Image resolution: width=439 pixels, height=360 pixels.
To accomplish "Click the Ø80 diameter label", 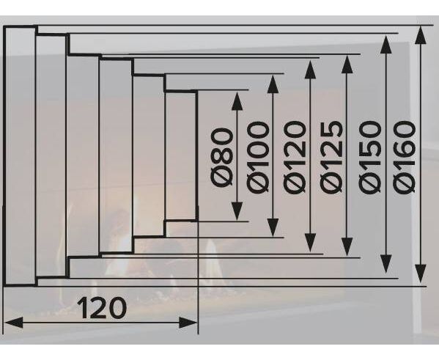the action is coord(223,157).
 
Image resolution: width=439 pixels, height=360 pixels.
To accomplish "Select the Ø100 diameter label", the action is coord(258,158).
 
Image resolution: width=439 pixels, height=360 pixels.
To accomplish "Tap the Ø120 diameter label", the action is coord(294,158).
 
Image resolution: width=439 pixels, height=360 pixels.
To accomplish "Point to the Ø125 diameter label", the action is coord(331,158).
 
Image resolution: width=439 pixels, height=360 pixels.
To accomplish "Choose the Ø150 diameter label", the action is coord(370,158).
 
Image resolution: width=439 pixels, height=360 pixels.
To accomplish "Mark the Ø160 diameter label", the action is coord(404,158).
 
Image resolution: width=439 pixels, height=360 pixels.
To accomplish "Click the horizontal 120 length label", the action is coord(102,308).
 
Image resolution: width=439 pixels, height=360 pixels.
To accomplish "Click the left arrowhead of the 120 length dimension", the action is coord(13,323).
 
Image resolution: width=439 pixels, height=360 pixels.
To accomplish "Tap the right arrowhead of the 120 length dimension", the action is coord(188,323).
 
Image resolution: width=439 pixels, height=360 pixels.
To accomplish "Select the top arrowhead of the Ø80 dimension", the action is coord(237,101).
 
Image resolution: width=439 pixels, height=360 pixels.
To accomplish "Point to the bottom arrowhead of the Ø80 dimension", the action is coord(237,211).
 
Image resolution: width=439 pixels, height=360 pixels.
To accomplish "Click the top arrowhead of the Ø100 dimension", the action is coord(273,84).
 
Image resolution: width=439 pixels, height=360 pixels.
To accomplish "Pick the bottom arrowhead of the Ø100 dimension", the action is coord(273,227).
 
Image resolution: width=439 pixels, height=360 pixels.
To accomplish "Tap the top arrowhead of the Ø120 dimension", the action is coord(310,70).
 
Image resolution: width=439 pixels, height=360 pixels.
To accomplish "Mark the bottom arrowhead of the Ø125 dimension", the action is coord(347,246).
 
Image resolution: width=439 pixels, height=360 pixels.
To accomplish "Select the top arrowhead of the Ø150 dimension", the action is coord(386,45).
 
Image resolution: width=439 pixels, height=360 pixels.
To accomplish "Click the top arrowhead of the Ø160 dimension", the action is coord(421,35).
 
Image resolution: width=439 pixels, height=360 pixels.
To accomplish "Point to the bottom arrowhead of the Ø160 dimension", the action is coord(421,273).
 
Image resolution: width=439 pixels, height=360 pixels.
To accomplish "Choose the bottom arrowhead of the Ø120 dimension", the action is coord(310,243).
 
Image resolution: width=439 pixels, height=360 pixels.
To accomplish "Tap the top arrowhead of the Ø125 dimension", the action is coord(347,65).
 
